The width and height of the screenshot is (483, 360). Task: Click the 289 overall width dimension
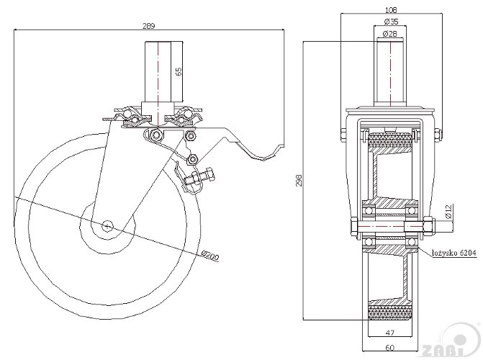point(148,26)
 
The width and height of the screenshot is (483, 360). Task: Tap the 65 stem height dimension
point(179,71)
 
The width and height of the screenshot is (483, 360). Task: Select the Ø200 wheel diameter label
point(210,256)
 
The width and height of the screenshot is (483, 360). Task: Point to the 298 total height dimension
point(299,181)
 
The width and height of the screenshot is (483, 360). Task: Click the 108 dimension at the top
point(391,10)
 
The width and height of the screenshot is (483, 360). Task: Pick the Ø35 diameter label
point(391,22)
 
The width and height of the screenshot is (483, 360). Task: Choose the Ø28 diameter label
point(390,34)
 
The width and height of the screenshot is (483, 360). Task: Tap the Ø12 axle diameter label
point(448,212)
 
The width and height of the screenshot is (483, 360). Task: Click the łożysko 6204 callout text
point(454,253)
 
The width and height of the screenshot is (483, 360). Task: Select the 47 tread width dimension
point(389,333)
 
